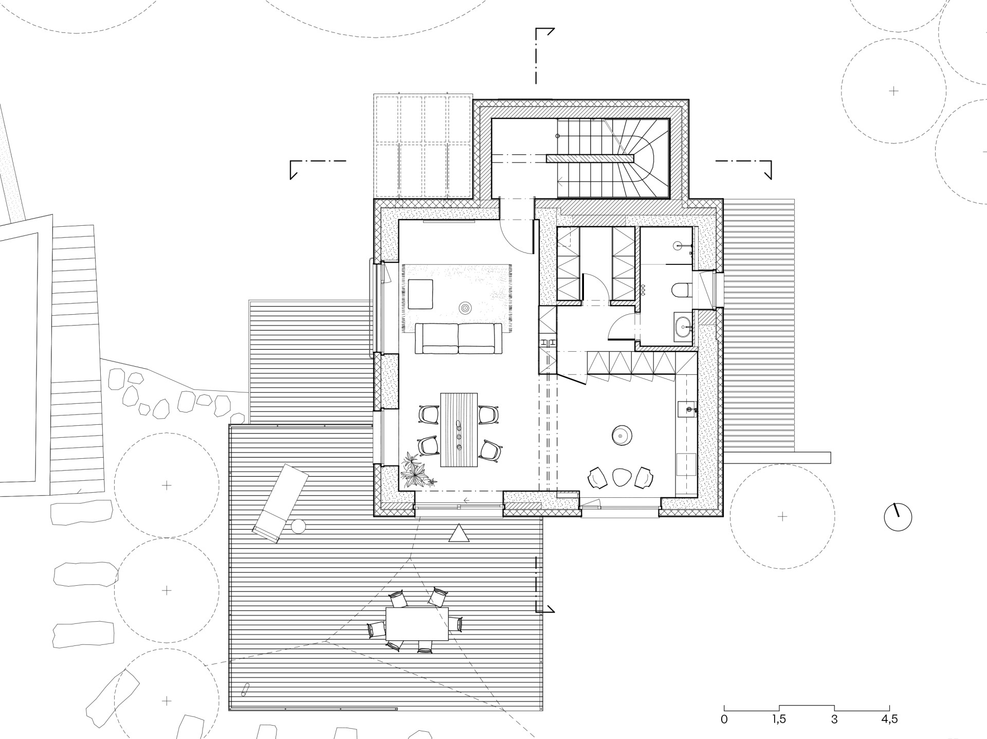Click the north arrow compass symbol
click(898, 517)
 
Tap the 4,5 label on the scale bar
click(889, 719)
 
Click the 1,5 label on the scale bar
click(779, 719)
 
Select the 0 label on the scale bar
click(724, 719)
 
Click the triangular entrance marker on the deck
click(459, 534)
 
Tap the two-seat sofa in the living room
click(459, 338)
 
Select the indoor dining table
click(459, 430)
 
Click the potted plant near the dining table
click(417, 469)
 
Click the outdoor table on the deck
click(417, 623)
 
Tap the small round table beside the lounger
click(299, 527)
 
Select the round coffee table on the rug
click(465, 308)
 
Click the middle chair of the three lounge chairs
click(621, 478)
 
